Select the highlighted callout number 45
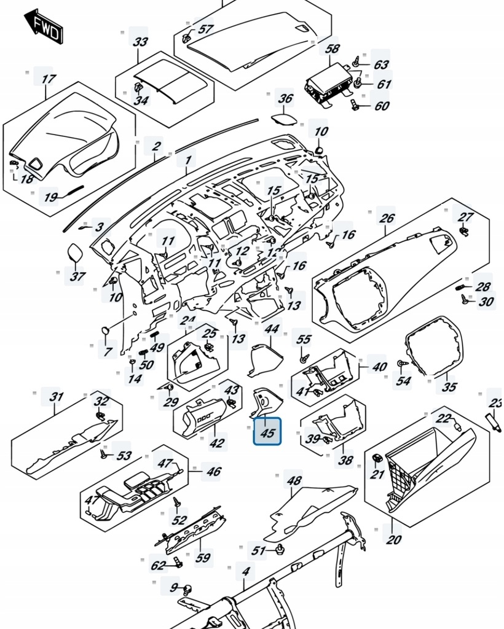click(x=267, y=432)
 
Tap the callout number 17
click(x=48, y=79)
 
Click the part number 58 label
click(x=332, y=49)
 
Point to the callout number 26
click(x=386, y=218)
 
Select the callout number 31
click(x=57, y=397)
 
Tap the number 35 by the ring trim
click(x=449, y=386)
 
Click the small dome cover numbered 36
click(x=283, y=117)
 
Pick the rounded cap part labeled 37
click(x=76, y=252)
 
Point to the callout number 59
click(x=203, y=558)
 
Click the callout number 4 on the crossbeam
click(x=245, y=572)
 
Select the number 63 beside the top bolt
click(x=381, y=64)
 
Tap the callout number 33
click(x=141, y=42)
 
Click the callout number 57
click(x=205, y=29)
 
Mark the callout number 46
click(x=213, y=472)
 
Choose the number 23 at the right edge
click(x=495, y=403)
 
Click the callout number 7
click(x=108, y=351)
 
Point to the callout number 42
click(x=217, y=443)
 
